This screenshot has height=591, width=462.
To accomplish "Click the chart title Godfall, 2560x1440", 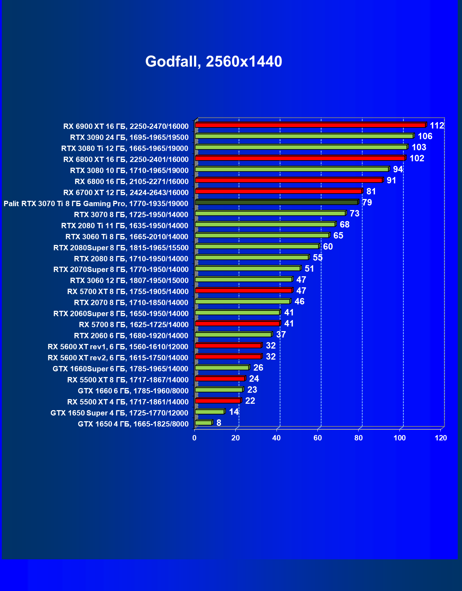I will (x=214, y=62).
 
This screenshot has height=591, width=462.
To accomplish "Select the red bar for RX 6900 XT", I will (x=310, y=125).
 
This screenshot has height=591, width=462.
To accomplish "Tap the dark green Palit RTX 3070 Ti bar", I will (x=276, y=202).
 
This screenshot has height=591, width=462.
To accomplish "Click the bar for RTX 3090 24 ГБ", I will (x=304, y=136).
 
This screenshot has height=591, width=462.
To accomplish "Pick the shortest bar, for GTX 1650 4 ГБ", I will (x=203, y=423).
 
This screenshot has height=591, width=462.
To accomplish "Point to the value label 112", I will (x=437, y=125).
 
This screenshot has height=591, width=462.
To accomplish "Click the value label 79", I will (x=367, y=203).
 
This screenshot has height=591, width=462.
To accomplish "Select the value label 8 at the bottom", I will (x=219, y=423).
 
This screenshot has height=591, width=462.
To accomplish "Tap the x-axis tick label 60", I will (x=317, y=438).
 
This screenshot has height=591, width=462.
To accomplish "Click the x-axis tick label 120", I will (x=441, y=438).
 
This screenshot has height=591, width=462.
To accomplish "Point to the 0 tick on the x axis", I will (x=194, y=438).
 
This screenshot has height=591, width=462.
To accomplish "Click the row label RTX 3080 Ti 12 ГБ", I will (x=125, y=148).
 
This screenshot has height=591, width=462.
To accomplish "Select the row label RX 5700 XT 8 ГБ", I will (x=128, y=292).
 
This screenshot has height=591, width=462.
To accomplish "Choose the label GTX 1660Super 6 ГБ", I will (x=120, y=369).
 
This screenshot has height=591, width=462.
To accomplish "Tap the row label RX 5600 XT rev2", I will (x=118, y=358).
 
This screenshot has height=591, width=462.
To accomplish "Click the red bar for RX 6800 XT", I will (x=300, y=158).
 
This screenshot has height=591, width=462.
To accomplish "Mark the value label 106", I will (x=425, y=136).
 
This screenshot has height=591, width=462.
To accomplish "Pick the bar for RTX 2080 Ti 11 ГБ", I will (x=265, y=224).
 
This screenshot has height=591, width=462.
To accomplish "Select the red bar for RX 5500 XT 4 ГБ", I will (x=218, y=401).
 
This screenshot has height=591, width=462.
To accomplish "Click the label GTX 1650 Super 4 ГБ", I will (x=119, y=413).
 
